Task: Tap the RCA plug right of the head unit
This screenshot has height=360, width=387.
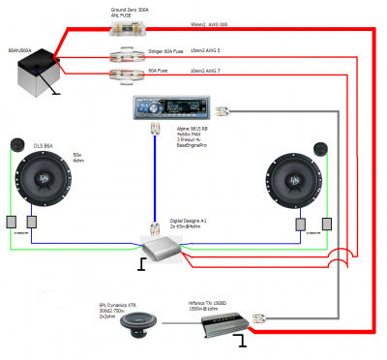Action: [223, 111]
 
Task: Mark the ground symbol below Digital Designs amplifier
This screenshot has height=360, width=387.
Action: [143, 263]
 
